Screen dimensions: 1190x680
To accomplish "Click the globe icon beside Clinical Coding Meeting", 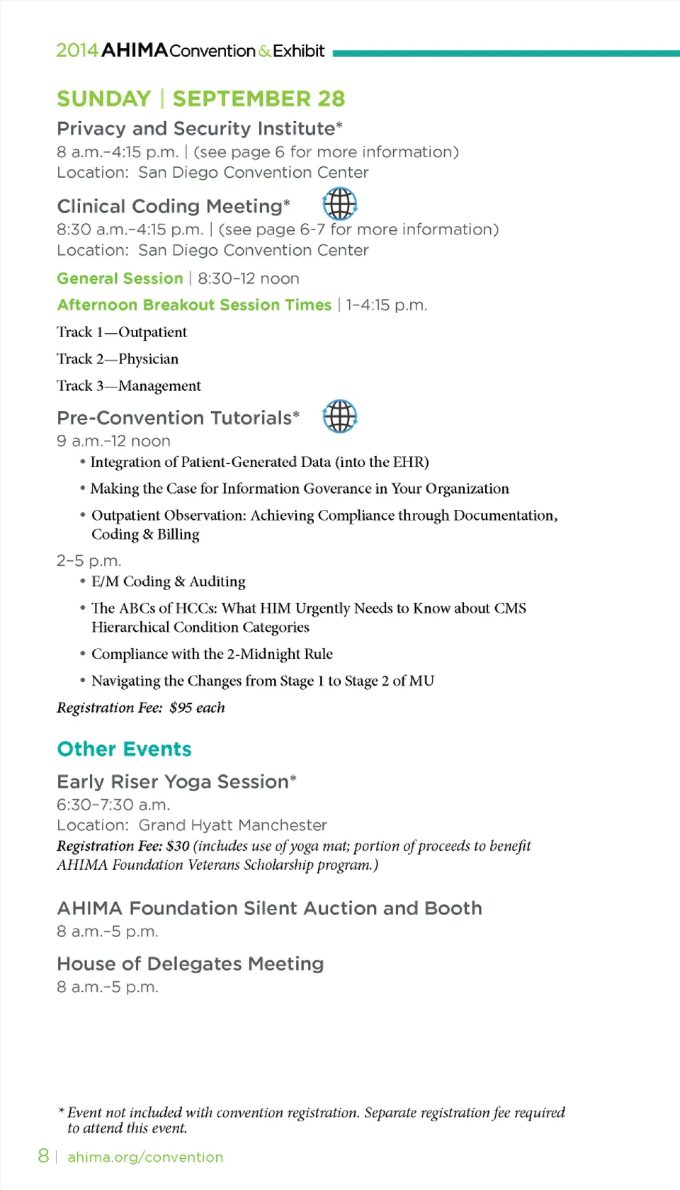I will [340, 204].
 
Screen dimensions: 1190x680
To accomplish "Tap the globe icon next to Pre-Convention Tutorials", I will [340, 416].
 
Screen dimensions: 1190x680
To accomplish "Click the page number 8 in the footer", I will [43, 1156].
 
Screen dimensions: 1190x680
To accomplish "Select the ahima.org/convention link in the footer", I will [145, 1157].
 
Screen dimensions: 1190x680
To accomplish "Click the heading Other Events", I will [124, 749].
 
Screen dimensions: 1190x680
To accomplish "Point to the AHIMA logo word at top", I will [135, 50].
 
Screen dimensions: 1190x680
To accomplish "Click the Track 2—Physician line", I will [118, 359].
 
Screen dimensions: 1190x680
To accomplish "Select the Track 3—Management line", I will [129, 386].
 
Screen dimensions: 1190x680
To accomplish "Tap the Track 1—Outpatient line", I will [122, 332].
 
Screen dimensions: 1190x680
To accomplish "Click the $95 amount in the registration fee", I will [181, 708].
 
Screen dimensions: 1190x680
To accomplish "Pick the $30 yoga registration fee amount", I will [178, 846].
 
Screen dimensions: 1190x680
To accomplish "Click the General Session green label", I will [120, 278].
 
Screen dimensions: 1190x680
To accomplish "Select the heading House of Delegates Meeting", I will [190, 964].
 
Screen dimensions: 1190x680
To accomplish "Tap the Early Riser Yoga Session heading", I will [173, 781].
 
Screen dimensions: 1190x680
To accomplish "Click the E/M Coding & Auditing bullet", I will [168, 582].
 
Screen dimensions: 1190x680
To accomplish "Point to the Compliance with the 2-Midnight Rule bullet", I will [212, 654].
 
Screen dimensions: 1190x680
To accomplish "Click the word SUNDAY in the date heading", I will [104, 98].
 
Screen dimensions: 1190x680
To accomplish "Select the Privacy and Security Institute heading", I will [195, 128].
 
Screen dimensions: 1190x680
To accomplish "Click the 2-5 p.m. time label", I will [89, 561].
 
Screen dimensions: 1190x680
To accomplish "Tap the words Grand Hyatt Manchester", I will [232, 825].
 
